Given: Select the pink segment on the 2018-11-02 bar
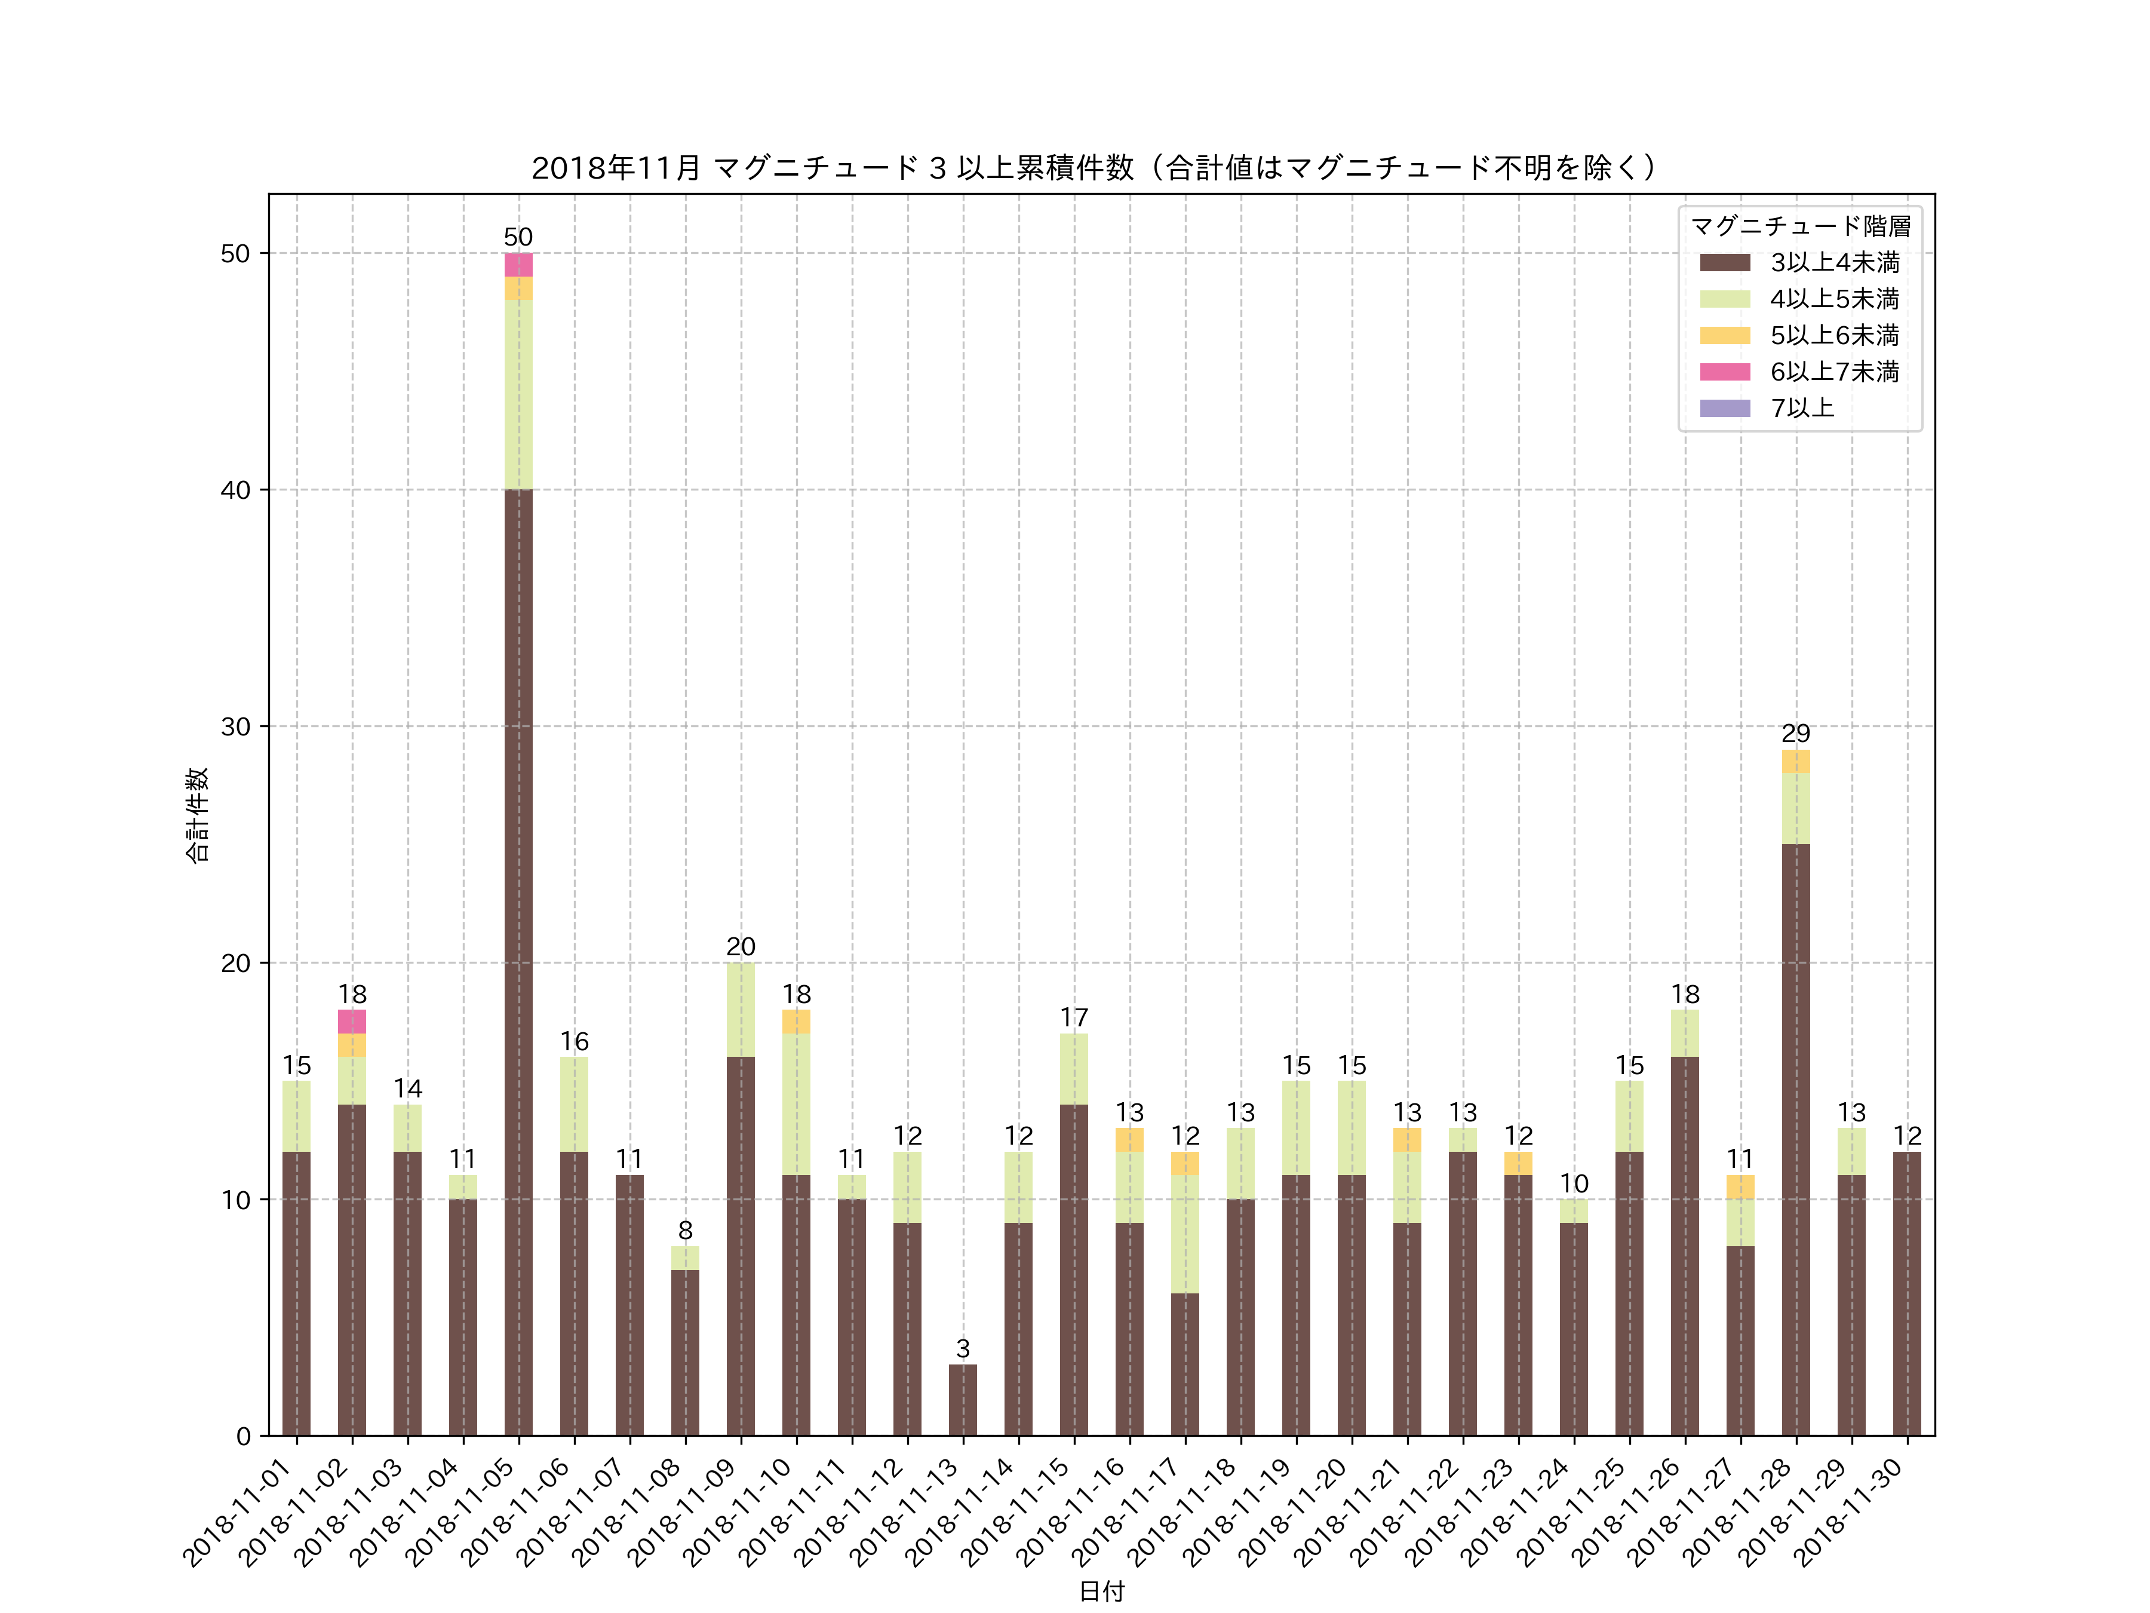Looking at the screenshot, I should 352,1021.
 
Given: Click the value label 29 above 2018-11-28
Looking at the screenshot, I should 1795,733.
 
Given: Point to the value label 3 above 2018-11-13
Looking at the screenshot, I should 962,1348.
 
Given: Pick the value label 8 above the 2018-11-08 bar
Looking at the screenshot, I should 685,1230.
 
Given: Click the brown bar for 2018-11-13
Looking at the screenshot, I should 962,1400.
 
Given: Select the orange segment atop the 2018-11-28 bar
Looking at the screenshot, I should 1795,761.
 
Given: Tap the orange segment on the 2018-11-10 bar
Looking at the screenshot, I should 796,1021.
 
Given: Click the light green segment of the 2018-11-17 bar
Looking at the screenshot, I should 1185,1234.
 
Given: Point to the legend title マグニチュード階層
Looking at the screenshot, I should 1800,226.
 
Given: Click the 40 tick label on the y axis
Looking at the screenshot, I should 235,490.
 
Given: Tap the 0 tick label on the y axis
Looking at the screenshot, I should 243,1436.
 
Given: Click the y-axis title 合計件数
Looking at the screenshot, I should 197,815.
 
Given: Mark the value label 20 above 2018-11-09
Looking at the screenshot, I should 741,947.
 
